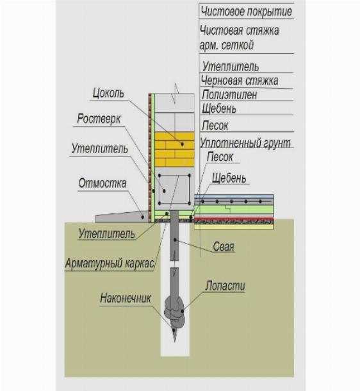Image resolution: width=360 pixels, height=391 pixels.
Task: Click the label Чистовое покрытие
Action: [246, 12]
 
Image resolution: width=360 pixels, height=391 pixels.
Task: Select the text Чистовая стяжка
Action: [239, 31]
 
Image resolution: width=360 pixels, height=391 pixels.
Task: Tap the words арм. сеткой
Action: [227, 45]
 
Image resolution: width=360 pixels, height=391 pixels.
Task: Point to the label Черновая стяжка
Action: [240, 81]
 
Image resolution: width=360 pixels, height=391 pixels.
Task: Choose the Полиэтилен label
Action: [229, 95]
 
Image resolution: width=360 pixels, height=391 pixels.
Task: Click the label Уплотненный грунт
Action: [245, 143]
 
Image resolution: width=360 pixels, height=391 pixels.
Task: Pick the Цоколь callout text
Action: [108, 94]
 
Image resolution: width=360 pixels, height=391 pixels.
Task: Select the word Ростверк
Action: [99, 119]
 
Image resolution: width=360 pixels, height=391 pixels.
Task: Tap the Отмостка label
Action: [102, 183]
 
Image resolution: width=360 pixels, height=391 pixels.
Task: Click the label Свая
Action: [224, 247]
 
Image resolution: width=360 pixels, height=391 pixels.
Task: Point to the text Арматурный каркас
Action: [110, 263]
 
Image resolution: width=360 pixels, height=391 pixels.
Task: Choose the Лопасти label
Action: [225, 286]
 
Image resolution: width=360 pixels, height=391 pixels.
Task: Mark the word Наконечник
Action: [126, 298]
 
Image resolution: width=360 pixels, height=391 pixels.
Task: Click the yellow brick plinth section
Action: [174, 149]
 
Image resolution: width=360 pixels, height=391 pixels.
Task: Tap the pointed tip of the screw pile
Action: [175, 342]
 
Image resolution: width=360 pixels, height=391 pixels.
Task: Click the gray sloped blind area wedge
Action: [122, 217]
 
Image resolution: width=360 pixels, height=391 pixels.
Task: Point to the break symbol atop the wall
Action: [176, 94]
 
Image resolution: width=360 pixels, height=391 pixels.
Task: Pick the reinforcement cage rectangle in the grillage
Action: [174, 189]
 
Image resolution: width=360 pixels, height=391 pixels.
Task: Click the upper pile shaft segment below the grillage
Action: [174, 236]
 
